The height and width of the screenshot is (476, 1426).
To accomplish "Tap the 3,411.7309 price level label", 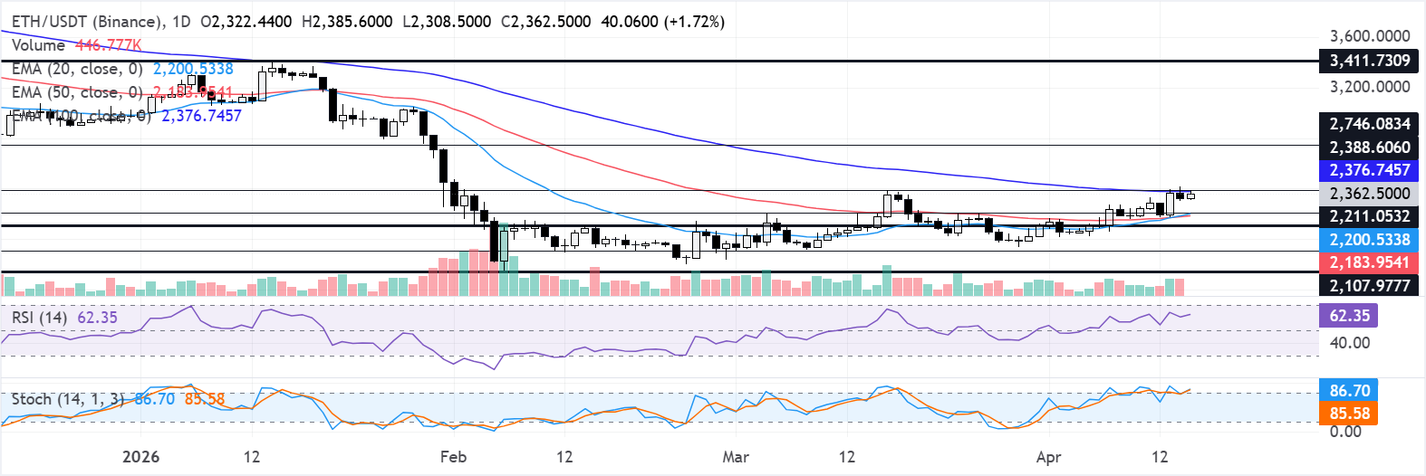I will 1369,61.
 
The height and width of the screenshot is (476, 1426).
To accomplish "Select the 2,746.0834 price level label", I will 1369,124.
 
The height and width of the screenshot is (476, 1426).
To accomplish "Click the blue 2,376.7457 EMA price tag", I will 1369,170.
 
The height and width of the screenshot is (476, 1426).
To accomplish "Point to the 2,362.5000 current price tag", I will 1369,194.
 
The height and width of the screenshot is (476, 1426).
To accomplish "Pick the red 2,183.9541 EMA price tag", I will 1369,262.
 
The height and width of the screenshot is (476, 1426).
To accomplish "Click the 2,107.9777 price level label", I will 1369,286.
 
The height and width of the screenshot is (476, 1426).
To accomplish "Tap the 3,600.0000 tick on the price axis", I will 1369,36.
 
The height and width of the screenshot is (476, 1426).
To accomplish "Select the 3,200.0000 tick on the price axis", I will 1369,87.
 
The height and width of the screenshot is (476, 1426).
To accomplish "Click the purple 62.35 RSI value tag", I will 1349,316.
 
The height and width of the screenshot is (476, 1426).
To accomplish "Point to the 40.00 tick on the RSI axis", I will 1349,343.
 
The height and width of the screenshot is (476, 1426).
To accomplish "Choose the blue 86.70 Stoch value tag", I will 1349,391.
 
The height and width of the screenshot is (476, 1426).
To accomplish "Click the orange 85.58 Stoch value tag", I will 1349,414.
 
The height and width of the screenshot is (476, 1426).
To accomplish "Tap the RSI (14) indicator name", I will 39,318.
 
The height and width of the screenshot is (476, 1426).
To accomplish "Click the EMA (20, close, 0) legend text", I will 77,69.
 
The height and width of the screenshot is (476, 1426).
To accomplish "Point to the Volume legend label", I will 38,45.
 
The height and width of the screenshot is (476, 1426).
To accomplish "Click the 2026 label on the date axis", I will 140,457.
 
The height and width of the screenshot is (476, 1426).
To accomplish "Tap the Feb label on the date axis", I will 453,457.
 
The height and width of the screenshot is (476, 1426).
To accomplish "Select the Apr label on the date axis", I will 1048,457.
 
